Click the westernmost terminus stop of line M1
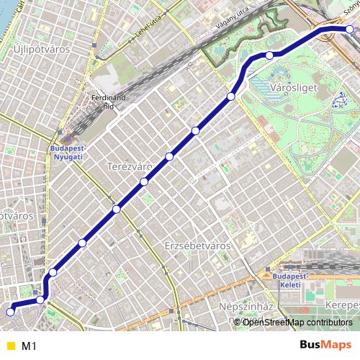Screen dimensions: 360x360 click(10, 312)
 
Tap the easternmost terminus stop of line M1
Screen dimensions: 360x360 click(350, 30)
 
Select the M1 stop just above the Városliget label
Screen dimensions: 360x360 click(269, 55)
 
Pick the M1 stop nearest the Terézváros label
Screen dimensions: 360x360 click(144, 181)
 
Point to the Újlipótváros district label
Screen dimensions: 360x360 click(40, 48)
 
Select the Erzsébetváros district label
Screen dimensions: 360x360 click(197, 246)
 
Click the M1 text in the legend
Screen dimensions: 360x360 click(30, 346)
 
